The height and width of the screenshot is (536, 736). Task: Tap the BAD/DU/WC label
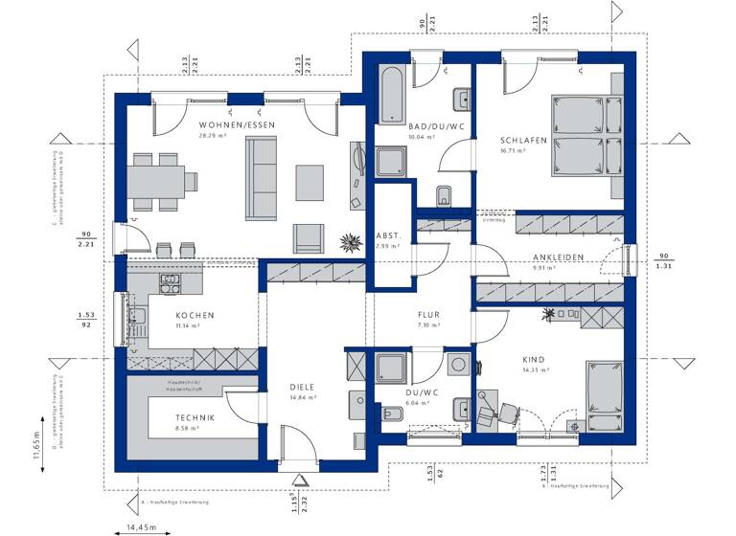[x=422, y=125]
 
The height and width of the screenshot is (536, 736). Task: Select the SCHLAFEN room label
[x=523, y=140]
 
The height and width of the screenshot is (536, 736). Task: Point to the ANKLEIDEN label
[x=559, y=257]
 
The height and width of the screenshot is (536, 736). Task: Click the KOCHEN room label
[x=195, y=315]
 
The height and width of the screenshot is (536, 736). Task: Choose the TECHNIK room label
[x=195, y=417]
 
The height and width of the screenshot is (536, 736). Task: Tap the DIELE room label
[x=302, y=387]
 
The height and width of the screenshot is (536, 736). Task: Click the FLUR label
[x=427, y=315]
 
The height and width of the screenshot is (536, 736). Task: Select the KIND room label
[x=533, y=360]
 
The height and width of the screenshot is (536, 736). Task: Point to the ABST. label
[x=388, y=235]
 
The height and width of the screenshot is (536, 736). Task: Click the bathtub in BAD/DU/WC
[x=392, y=95]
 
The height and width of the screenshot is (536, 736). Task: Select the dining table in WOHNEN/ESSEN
[x=158, y=180]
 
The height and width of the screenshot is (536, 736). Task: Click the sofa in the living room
[x=261, y=177]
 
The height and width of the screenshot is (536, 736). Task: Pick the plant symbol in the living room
[x=350, y=240]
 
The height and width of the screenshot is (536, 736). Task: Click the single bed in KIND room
[x=604, y=392]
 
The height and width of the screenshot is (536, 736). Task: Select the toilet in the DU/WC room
[x=391, y=414]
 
